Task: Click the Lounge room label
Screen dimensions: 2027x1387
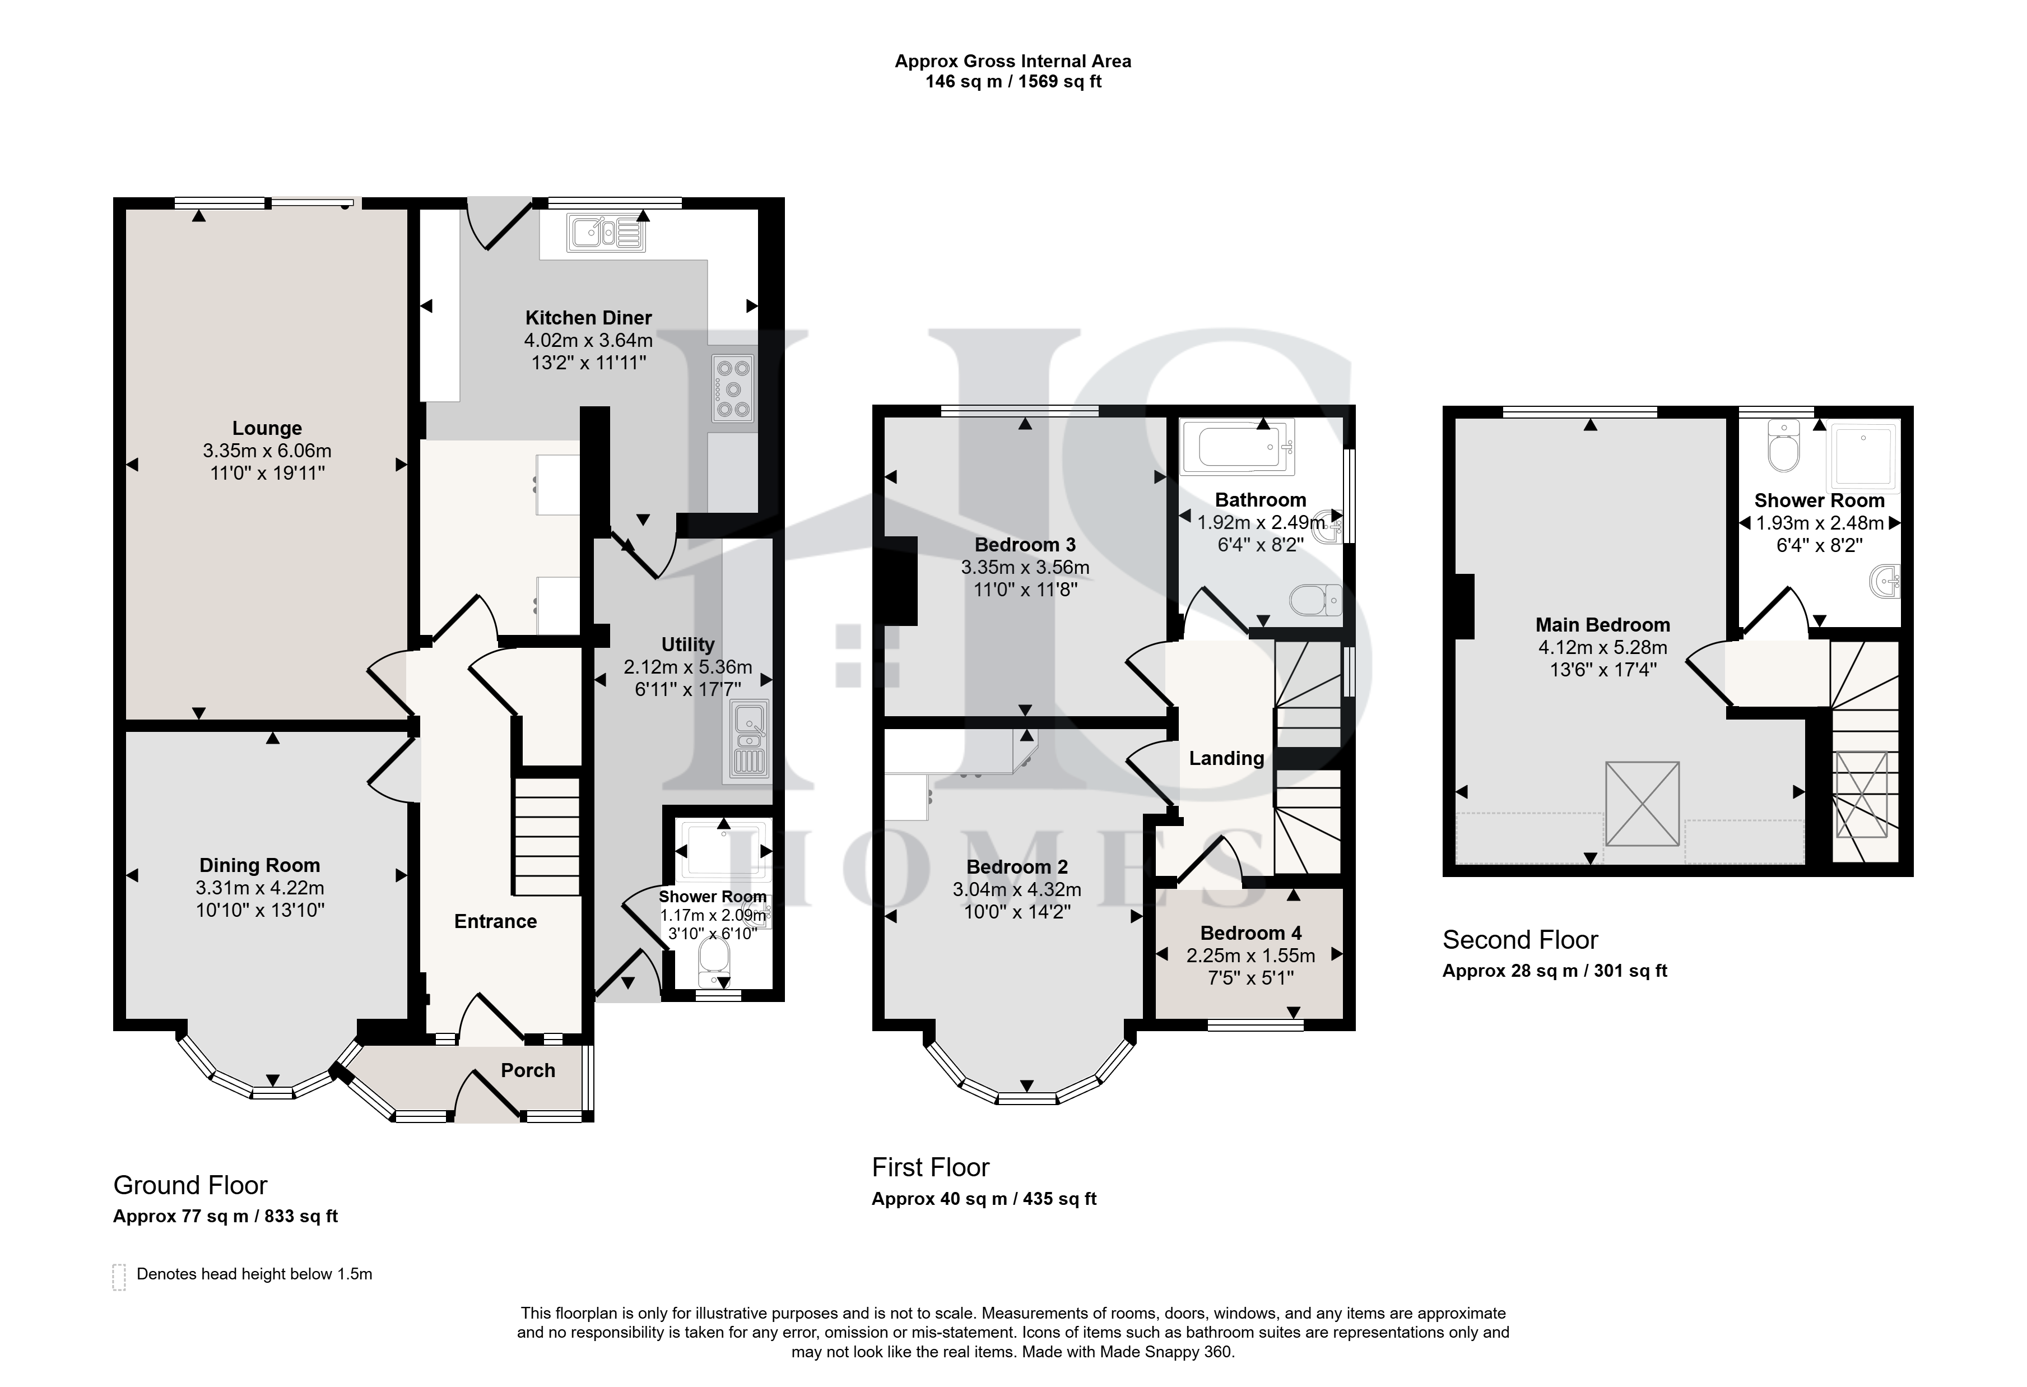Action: click(x=267, y=428)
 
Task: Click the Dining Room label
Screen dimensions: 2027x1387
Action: click(x=260, y=865)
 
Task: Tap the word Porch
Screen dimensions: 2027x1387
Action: click(x=528, y=1070)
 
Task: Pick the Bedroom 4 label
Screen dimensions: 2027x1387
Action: click(x=1250, y=934)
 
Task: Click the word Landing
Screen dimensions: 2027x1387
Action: click(x=1226, y=758)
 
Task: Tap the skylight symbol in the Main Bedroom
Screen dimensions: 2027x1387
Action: click(x=1642, y=804)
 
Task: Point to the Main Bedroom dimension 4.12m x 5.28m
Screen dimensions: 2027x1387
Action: click(x=1603, y=647)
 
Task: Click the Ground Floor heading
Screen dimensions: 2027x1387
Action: click(x=190, y=1185)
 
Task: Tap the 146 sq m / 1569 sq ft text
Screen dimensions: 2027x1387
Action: click(x=1013, y=82)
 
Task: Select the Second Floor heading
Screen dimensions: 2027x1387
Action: click(x=1521, y=939)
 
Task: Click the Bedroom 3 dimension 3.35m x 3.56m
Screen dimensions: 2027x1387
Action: click(x=1026, y=567)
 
